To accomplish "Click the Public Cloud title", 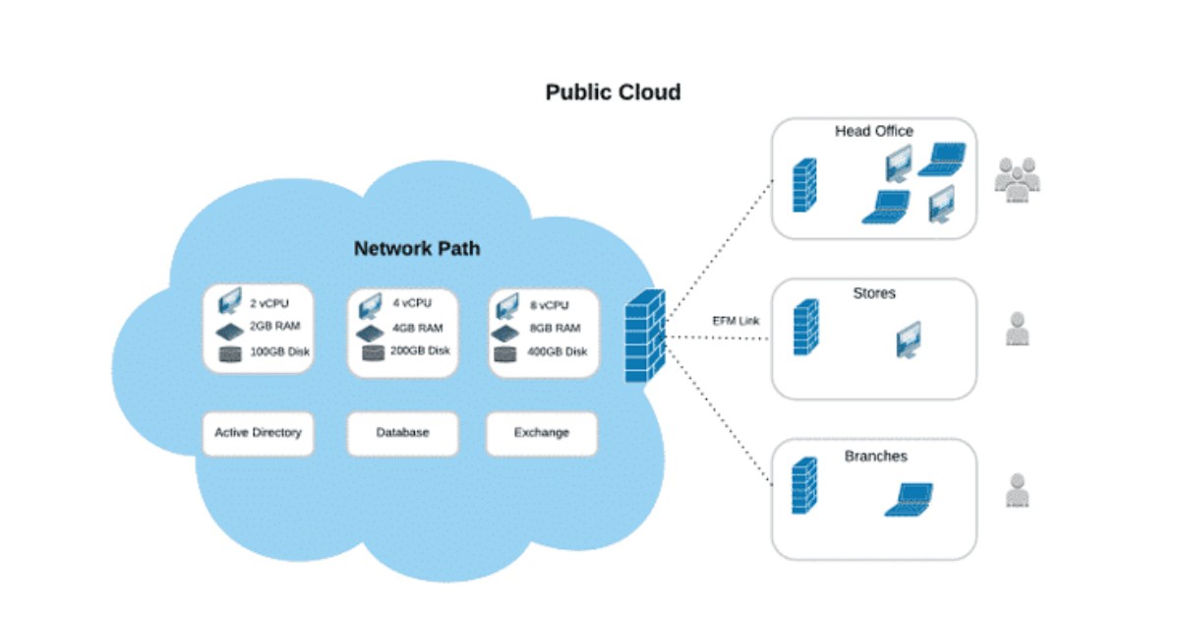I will coord(613,93).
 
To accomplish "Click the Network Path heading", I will coord(417,248).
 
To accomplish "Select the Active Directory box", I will coord(258,432).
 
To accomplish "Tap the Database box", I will coord(402,432).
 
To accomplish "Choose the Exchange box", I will coord(541,432).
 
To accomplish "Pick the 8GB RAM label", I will coord(554,328).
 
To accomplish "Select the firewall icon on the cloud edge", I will coord(646,335).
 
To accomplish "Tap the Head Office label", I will coord(873,131).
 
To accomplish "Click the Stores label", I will coord(874,293).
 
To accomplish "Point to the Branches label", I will coord(875,457).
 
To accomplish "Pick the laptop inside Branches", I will coord(908,499).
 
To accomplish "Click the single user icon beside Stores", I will coord(1017,330).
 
